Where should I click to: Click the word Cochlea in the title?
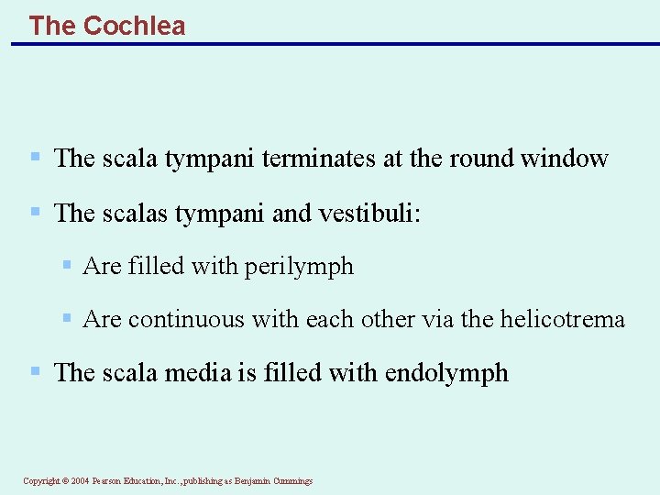click(x=134, y=25)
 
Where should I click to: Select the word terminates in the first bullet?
click(x=319, y=159)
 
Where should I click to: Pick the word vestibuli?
click(x=367, y=213)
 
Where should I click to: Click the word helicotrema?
click(x=562, y=320)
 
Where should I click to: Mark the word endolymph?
click(x=446, y=373)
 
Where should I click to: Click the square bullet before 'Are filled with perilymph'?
click(x=67, y=266)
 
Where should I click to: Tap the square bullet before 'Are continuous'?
click(x=67, y=319)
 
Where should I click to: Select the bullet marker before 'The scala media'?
click(x=35, y=371)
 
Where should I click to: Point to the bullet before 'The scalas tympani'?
click(x=35, y=211)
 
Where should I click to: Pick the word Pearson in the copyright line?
click(x=108, y=480)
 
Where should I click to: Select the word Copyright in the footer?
click(x=41, y=480)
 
